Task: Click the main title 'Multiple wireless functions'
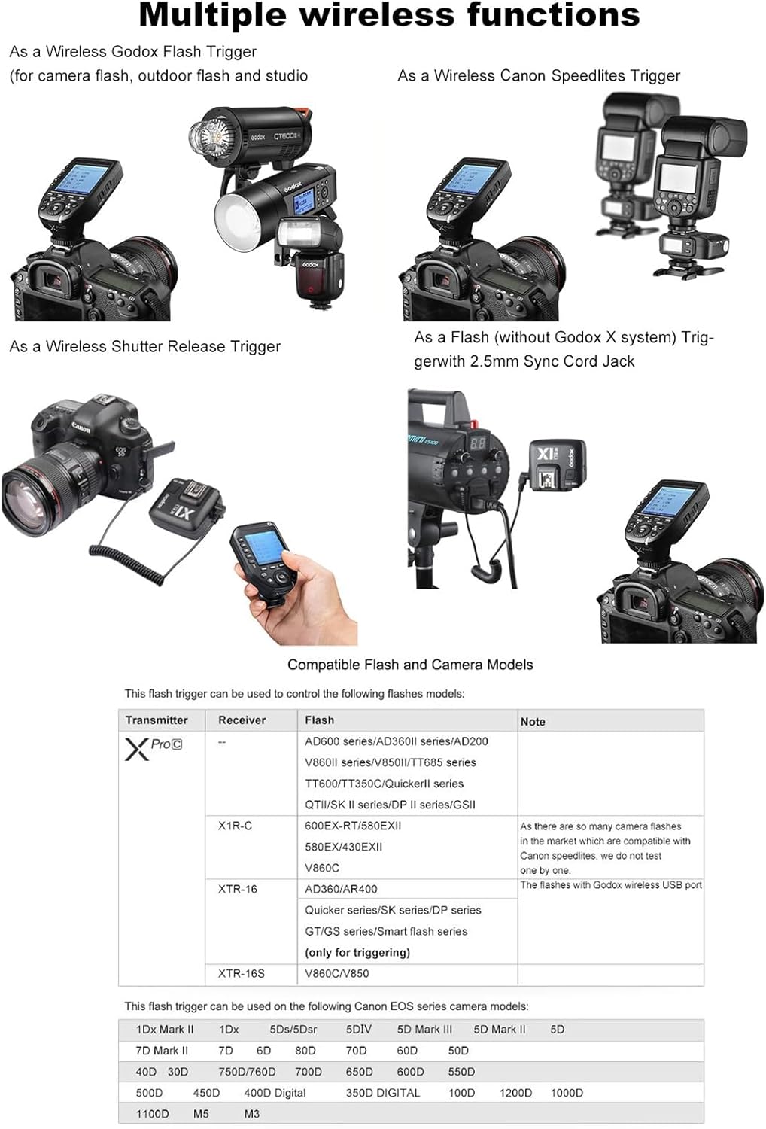[389, 15]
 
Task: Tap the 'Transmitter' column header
[157, 720]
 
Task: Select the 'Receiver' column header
[242, 720]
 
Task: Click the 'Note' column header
[533, 721]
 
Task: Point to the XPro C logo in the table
[154, 747]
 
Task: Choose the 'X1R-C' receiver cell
[235, 826]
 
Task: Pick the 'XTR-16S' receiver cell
[241, 973]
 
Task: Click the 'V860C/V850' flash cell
[336, 973]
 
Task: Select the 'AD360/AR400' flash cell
[341, 889]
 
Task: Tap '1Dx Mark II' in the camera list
[165, 1029]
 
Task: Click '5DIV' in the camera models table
[358, 1029]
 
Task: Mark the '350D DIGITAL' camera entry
[382, 1092]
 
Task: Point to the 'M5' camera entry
[201, 1113]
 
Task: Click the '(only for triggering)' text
[357, 952]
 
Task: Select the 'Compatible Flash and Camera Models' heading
[410, 665]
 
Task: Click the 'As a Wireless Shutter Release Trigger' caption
[144, 346]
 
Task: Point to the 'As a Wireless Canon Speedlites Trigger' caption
[539, 75]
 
